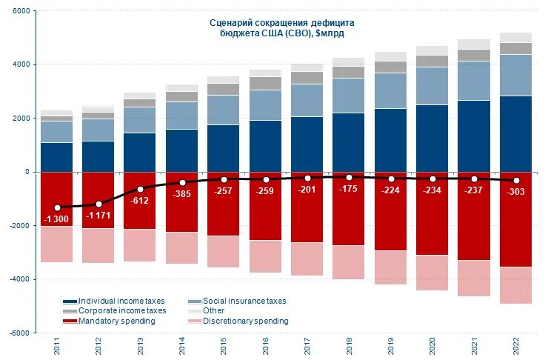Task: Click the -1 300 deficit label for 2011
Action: point(56,219)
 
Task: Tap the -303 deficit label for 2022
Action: point(515,191)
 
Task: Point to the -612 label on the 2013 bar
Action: point(140,200)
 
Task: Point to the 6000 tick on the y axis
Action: point(21,12)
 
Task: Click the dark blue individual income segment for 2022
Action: point(515,133)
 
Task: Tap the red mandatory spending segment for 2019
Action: point(390,222)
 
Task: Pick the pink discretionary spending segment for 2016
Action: point(266,256)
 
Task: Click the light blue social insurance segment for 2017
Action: point(307,100)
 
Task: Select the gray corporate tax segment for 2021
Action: point(474,55)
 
